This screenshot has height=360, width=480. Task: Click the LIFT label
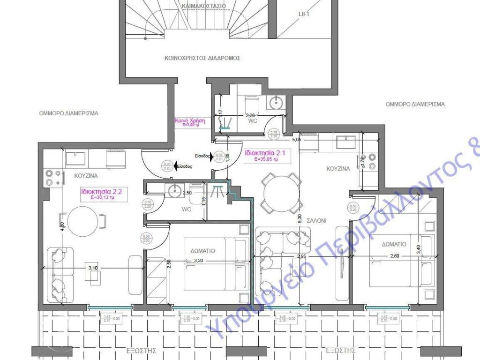(x=304, y=14)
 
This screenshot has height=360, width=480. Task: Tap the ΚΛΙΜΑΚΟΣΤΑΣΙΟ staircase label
(x=202, y=6)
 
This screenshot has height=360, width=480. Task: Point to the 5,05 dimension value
(x=296, y=139)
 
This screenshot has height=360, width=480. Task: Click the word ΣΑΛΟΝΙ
(x=316, y=220)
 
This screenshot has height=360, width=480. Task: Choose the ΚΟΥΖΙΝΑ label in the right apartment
(x=338, y=169)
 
